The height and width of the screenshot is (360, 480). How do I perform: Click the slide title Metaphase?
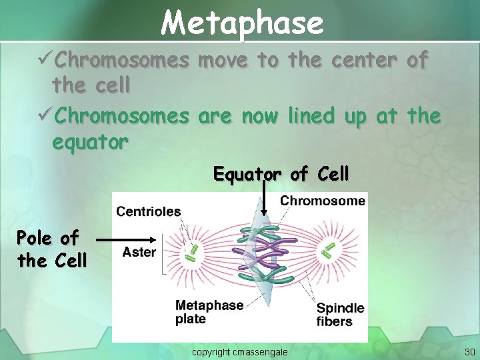click(242, 23)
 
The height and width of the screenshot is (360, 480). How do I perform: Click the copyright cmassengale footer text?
click(240, 351)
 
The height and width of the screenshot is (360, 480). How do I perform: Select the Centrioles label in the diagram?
click(149, 211)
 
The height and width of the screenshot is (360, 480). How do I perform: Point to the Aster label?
click(139, 252)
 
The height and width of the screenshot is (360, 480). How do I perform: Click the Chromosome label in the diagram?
click(323, 201)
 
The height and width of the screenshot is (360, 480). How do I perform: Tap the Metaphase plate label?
click(209, 312)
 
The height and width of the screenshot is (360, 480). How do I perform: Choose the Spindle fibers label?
click(341, 314)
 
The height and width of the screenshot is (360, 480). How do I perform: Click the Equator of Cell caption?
click(281, 174)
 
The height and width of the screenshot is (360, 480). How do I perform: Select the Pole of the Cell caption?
click(52, 249)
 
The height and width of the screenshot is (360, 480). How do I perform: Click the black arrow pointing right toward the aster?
click(127, 237)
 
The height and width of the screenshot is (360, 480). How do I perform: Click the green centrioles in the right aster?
click(329, 249)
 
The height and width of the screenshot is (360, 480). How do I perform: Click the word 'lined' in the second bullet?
click(311, 116)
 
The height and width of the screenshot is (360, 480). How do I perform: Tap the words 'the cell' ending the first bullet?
click(91, 85)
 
